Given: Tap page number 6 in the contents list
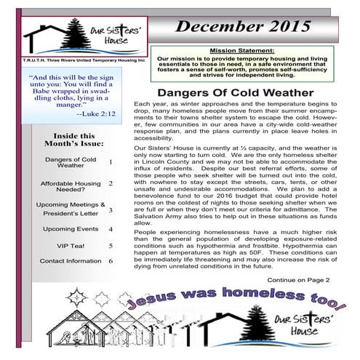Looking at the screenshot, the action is pos(110,260).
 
